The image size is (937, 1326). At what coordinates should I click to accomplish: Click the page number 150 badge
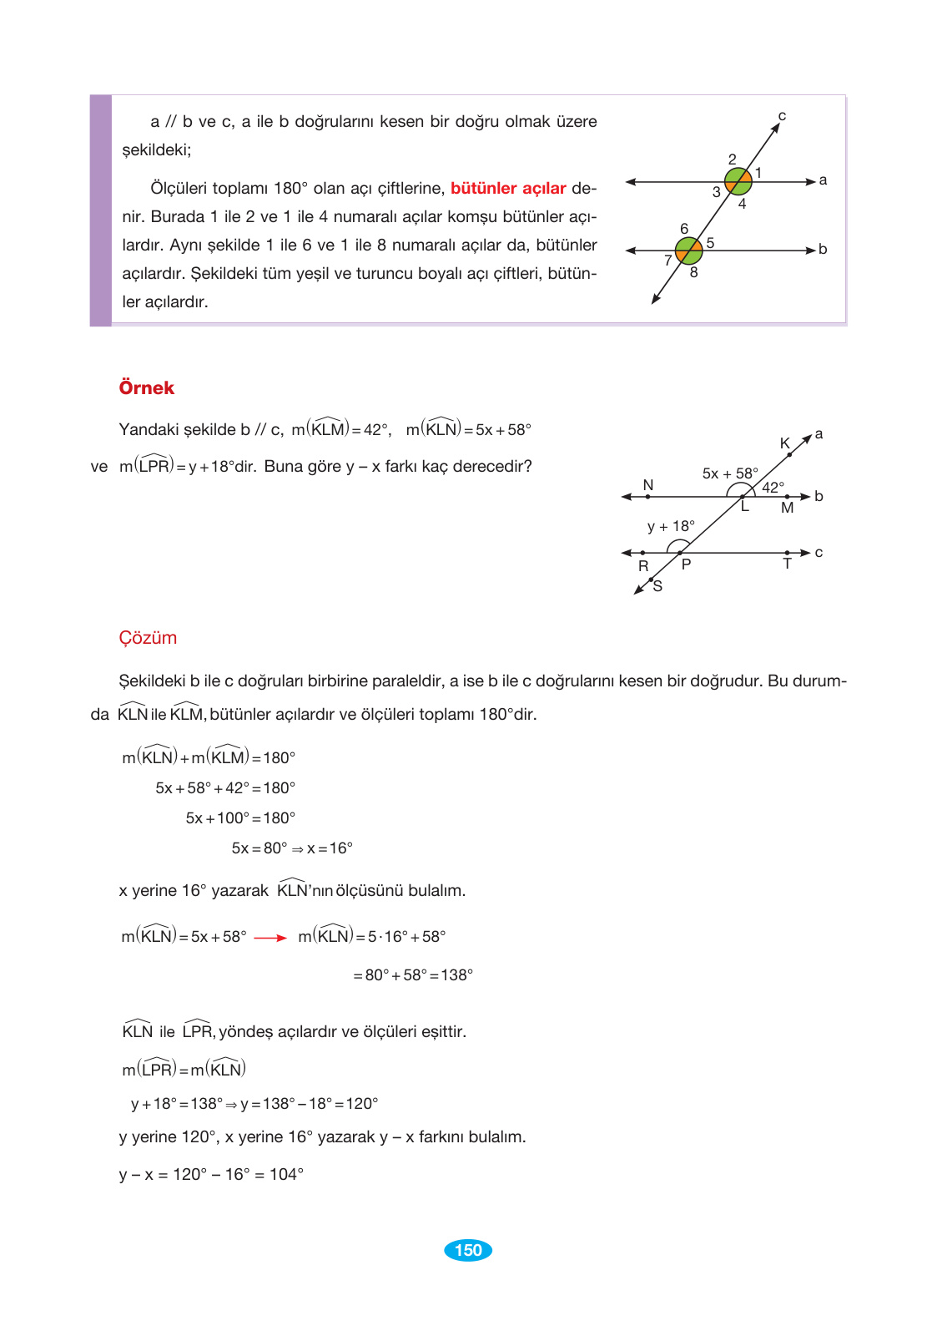(x=468, y=1250)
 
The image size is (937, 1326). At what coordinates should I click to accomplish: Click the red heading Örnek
(x=146, y=387)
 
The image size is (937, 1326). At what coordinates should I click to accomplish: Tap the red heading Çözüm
(x=148, y=638)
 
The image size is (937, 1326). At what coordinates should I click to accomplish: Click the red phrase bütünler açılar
(x=508, y=188)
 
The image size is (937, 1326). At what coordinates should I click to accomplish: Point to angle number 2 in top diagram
(x=732, y=159)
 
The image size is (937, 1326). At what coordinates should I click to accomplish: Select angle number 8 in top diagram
(x=693, y=272)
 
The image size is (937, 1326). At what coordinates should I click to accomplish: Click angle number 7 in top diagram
(x=667, y=261)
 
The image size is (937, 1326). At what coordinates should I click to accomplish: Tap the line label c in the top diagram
(x=782, y=116)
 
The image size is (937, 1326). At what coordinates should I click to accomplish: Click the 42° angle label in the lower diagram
(x=773, y=487)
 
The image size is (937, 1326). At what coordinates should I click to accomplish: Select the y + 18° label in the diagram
(x=671, y=526)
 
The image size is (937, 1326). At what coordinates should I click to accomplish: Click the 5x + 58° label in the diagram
(x=730, y=473)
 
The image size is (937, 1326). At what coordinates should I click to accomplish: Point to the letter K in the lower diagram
(x=784, y=443)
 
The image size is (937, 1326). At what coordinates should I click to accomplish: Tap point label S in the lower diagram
(x=657, y=586)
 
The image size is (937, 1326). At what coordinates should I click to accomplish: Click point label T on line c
(x=787, y=564)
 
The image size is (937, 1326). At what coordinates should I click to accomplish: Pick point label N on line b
(x=648, y=485)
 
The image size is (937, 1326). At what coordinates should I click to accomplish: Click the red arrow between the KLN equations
(x=270, y=938)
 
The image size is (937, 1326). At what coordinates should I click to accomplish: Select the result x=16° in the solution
(x=330, y=848)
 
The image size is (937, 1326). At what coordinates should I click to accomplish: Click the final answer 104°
(x=286, y=1174)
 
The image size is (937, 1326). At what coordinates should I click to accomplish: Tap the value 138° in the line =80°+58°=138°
(x=456, y=975)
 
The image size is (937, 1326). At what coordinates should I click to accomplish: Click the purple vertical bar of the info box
(x=101, y=210)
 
